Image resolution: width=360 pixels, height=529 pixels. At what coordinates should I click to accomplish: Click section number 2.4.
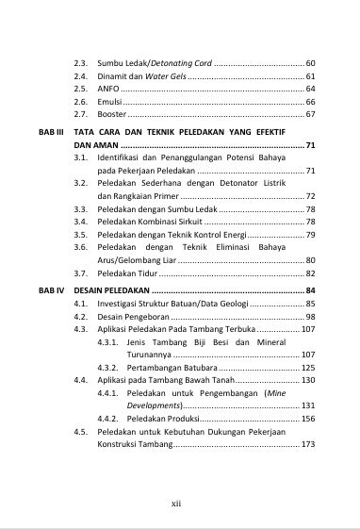(81, 75)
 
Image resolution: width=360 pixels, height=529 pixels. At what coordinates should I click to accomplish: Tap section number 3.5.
(81, 234)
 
